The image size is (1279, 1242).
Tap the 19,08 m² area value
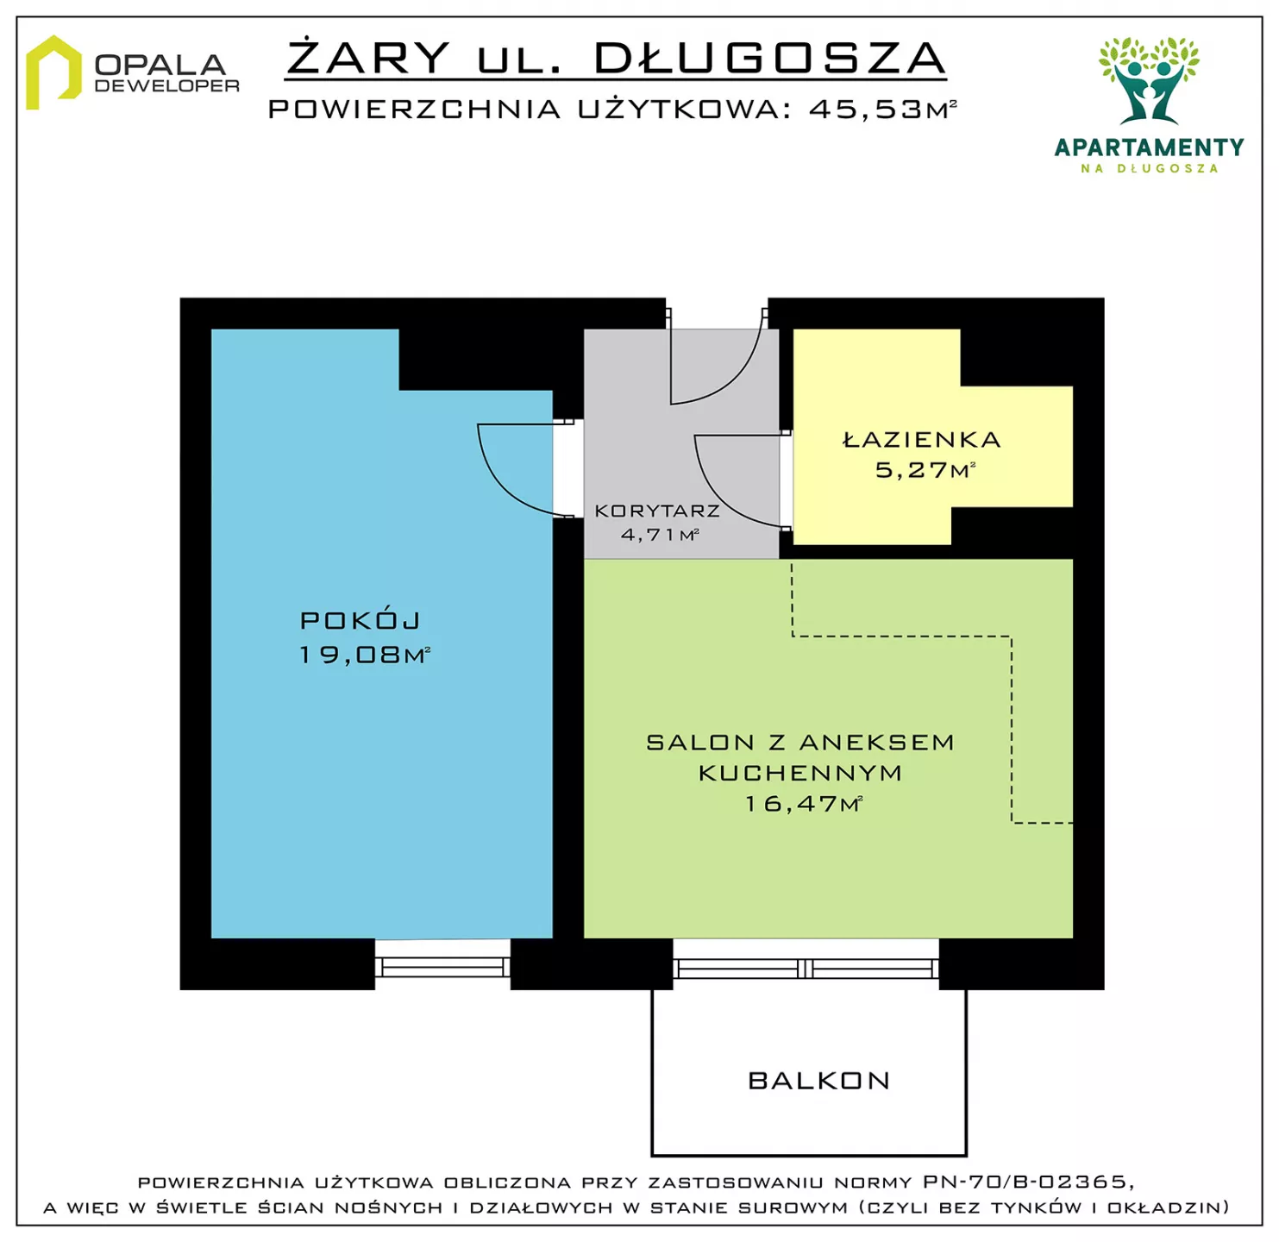point(365,655)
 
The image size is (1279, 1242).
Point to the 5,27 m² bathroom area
point(925,470)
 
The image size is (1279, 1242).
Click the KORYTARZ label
point(657,511)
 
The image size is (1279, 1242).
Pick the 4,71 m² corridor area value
point(660,534)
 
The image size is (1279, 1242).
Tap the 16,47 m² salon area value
point(803,804)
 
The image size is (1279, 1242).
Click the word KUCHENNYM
point(800,773)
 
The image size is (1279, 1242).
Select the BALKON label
point(819,1081)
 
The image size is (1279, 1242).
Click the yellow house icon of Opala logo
point(53,72)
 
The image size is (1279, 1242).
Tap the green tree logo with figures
point(1149,80)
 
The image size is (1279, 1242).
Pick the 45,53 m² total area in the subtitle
point(882,109)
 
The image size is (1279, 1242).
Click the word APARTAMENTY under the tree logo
point(1149,147)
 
